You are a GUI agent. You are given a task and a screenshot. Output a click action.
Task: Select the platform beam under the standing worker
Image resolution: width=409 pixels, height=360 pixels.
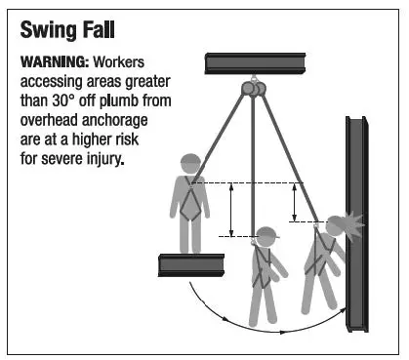coord(190,265)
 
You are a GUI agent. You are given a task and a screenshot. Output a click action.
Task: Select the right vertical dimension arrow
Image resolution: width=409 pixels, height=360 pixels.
coord(295,202)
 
